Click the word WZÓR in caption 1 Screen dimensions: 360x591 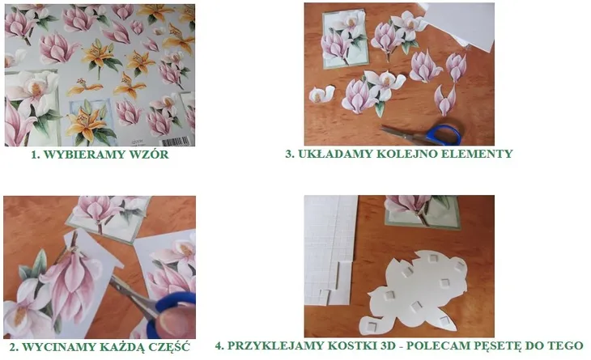147,155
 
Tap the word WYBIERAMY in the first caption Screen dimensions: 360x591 85,155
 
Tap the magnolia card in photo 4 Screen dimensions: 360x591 420,210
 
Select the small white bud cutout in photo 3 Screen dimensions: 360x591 321,94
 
